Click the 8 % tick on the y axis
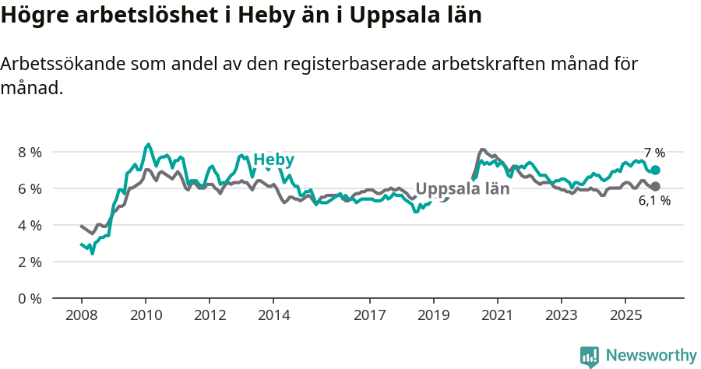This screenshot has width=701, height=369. pyautogui.click(x=30, y=152)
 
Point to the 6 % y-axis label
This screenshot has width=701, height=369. pyautogui.click(x=30, y=188)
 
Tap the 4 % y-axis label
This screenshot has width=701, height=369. pyautogui.click(x=30, y=225)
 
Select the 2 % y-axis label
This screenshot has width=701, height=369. pyautogui.click(x=30, y=262)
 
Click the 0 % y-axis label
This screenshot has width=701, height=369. pyautogui.click(x=30, y=298)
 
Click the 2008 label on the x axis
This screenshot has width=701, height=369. pyautogui.click(x=81, y=315)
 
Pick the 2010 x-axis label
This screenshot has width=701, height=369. pyautogui.click(x=145, y=315)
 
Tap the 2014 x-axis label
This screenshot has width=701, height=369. pyautogui.click(x=273, y=315)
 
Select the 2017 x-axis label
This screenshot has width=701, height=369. pyautogui.click(x=369, y=315)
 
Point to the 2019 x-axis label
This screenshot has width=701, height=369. pyautogui.click(x=433, y=315)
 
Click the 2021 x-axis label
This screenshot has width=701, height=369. pyautogui.click(x=497, y=315)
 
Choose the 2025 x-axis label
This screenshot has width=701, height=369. pyautogui.click(x=625, y=315)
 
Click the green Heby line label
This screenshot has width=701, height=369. pyautogui.click(x=273, y=160)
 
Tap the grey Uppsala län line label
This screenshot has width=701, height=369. pyautogui.click(x=462, y=188)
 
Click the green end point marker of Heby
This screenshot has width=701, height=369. pyautogui.click(x=655, y=170)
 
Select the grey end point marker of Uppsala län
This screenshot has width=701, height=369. pyautogui.click(x=655, y=186)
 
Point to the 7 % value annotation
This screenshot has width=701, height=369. pyautogui.click(x=654, y=153)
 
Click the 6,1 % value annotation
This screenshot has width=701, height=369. pyautogui.click(x=654, y=201)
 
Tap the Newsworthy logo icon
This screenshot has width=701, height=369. pyautogui.click(x=590, y=357)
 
